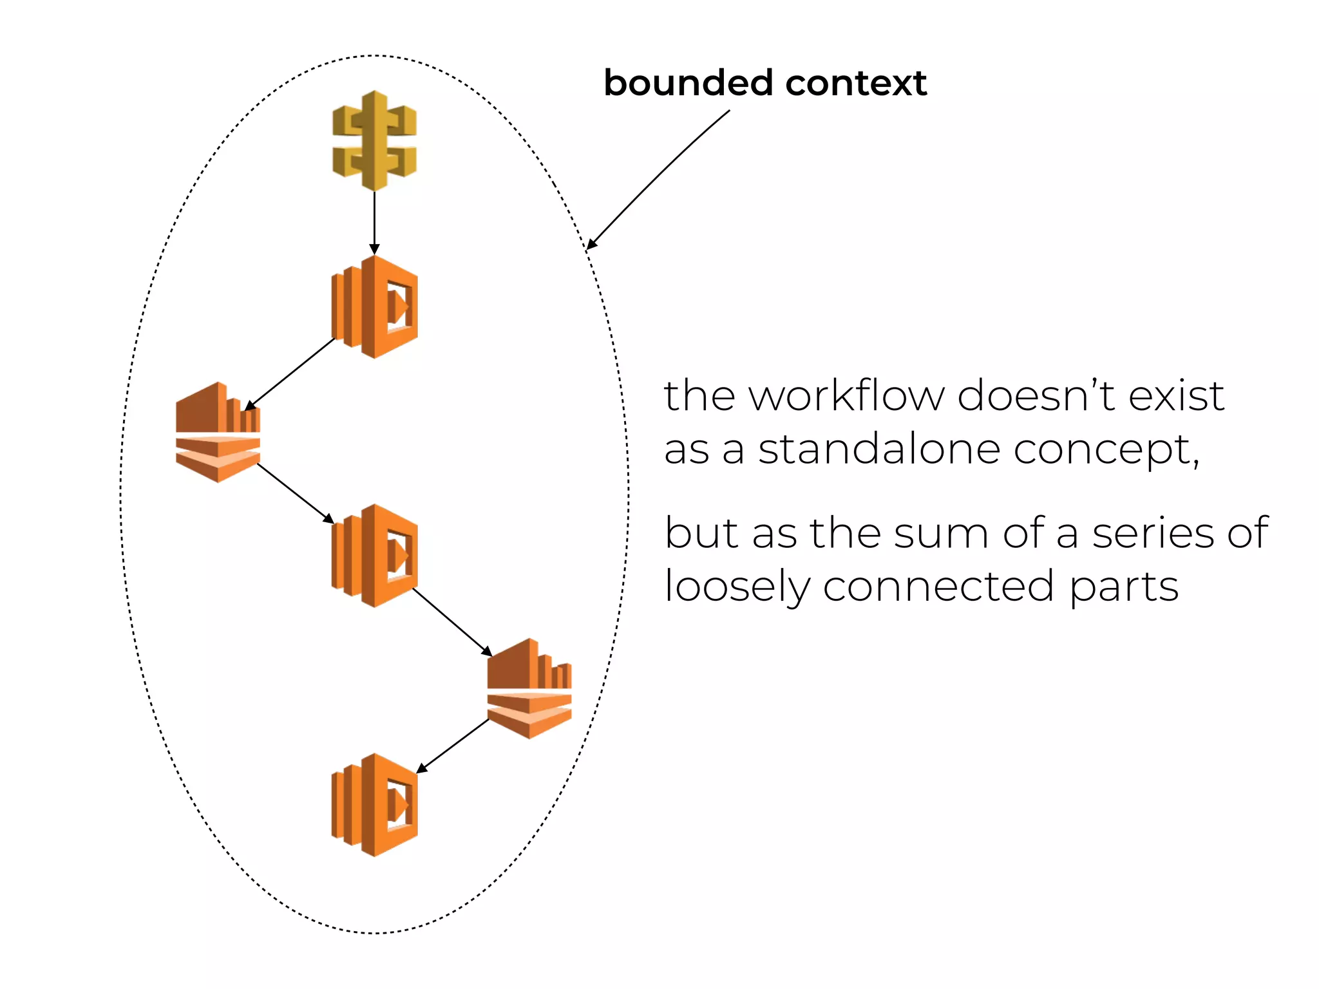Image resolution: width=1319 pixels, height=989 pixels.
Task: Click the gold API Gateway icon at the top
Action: pyautogui.click(x=374, y=140)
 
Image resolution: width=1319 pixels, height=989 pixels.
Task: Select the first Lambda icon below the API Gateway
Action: pyautogui.click(x=374, y=306)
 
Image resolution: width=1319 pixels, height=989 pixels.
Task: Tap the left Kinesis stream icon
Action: pyautogui.click(x=218, y=432)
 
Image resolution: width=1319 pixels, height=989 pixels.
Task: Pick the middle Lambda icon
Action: pyautogui.click(x=374, y=556)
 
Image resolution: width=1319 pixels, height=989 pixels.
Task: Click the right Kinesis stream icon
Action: pyautogui.click(x=529, y=688)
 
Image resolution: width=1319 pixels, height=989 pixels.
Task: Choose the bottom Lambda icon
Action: pyautogui.click(x=374, y=805)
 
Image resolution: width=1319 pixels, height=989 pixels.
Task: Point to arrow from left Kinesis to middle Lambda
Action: pyautogui.click(x=295, y=493)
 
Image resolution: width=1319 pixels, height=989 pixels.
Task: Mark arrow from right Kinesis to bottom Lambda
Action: pyautogui.click(x=453, y=746)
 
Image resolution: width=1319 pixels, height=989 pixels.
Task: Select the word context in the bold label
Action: pyautogui.click(x=856, y=83)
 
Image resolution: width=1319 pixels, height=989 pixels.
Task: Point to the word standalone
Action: pyautogui.click(x=878, y=449)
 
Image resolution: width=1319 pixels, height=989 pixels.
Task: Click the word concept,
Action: pyautogui.click(x=1106, y=450)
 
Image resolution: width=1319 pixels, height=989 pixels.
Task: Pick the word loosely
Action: pyautogui.click(x=737, y=587)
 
